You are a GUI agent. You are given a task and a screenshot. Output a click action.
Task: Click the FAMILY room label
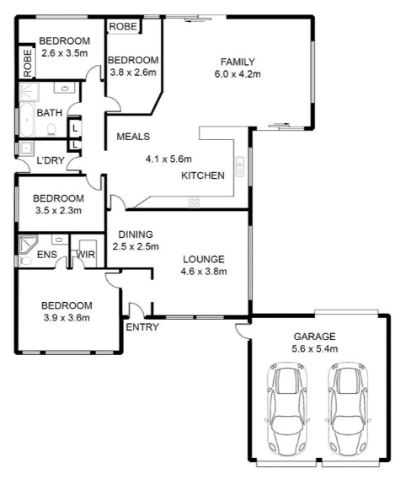tap(238, 62)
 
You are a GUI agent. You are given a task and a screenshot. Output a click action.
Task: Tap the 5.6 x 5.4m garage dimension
tap(314, 348)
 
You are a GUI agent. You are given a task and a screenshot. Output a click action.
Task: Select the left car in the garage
tap(287, 409)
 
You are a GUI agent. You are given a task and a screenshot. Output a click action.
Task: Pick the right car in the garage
tap(348, 409)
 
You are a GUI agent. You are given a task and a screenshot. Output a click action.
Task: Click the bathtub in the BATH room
tap(27, 120)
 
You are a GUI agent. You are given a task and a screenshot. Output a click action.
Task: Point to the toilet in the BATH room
tap(51, 130)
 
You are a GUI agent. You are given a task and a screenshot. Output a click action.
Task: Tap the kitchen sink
tap(240, 167)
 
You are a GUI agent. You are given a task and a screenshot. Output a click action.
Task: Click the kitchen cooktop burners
tap(194, 203)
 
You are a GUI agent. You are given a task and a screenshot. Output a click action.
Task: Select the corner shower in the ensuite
tap(28, 245)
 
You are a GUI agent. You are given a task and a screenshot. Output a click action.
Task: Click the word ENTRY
tap(142, 327)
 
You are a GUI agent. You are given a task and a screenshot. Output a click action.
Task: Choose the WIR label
tap(86, 255)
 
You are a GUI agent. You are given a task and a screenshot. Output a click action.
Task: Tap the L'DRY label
tap(51, 160)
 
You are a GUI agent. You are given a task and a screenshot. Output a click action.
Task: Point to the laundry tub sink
tap(26, 148)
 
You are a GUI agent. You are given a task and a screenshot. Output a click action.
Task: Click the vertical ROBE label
tap(27, 63)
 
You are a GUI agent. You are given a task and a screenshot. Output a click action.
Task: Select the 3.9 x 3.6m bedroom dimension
tap(67, 318)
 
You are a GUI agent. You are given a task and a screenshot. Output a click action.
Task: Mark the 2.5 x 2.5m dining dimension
tap(136, 246)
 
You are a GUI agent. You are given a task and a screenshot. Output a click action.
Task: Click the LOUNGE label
tap(204, 259)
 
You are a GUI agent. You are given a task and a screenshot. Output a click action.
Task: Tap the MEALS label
tap(133, 137)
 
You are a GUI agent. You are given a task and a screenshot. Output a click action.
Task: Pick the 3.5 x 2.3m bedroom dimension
tap(58, 211)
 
